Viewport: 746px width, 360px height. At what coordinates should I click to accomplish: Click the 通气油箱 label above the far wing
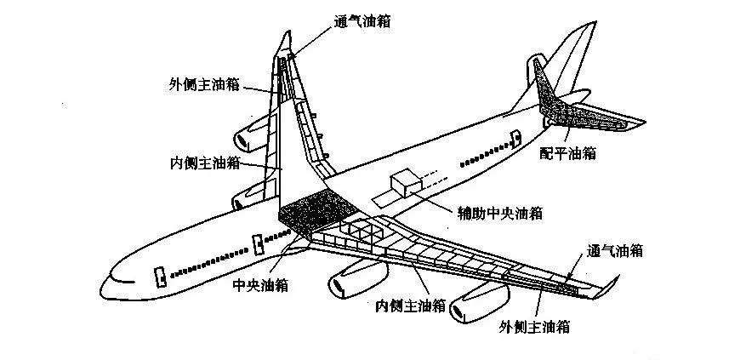(362, 23)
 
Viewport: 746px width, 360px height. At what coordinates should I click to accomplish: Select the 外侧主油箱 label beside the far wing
(204, 84)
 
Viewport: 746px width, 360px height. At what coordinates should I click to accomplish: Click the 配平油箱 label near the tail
(567, 153)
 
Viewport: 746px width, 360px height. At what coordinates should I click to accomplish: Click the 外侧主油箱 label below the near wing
(536, 326)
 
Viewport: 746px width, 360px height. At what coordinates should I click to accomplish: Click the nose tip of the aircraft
(104, 282)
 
